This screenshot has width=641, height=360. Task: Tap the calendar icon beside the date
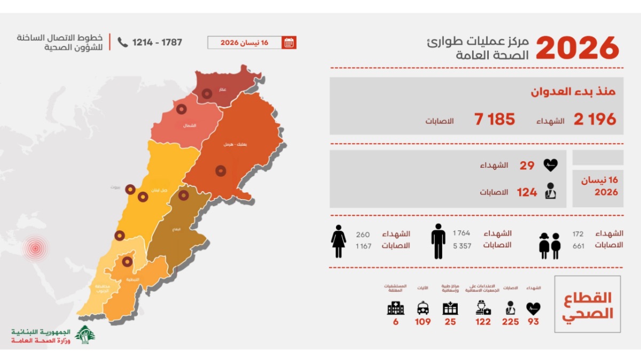(289, 43)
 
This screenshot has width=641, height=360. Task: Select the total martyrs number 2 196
(595, 119)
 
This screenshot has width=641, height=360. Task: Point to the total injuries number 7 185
(495, 119)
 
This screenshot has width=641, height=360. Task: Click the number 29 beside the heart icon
(527, 166)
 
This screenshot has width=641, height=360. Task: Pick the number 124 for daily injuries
(527, 192)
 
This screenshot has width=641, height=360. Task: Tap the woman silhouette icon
(339, 241)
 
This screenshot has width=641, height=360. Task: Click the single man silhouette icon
(438, 241)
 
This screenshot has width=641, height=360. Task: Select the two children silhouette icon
(550, 245)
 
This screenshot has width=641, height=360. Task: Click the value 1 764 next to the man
(462, 233)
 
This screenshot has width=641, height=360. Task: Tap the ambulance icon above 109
(423, 308)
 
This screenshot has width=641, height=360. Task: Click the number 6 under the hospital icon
(395, 322)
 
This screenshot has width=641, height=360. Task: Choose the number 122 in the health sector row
(483, 322)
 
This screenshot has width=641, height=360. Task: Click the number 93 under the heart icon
(533, 322)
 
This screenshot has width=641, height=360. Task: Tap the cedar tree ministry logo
(85, 334)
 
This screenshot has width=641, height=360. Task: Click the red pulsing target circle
(35, 248)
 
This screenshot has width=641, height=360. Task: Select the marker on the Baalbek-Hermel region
(221, 170)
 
